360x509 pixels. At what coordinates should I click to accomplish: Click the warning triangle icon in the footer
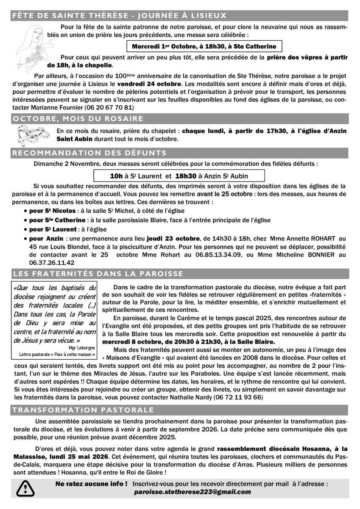point(26,488)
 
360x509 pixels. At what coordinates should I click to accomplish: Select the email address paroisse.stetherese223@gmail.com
point(192,492)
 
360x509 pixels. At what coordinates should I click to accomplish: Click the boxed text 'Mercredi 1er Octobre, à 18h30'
point(204,46)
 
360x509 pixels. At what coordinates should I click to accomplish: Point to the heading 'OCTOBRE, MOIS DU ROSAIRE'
point(78,118)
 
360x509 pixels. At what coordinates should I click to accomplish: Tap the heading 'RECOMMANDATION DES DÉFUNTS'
point(90,153)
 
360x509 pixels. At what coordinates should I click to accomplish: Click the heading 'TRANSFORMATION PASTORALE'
point(84,410)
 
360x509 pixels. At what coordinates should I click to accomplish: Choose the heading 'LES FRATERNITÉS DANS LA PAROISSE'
point(98,273)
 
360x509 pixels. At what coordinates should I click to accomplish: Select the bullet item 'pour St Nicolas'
point(53,211)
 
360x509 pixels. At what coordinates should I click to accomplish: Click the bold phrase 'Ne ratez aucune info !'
point(91,484)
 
